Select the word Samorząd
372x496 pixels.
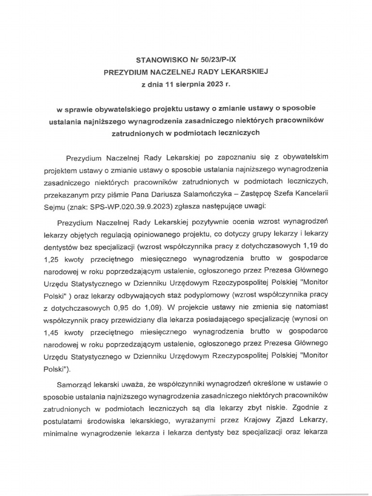click(73, 383)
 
